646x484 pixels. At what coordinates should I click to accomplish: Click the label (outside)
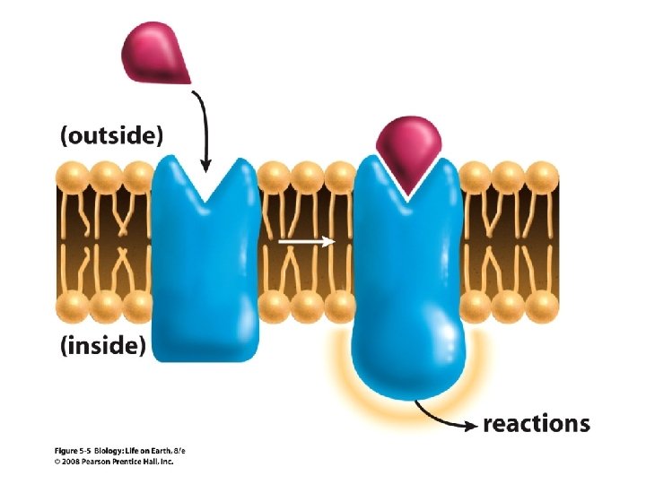point(112,137)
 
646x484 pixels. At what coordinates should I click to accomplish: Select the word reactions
point(537,424)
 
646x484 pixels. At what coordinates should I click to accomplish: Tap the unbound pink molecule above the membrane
point(156,49)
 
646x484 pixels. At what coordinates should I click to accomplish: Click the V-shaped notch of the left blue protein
point(207,184)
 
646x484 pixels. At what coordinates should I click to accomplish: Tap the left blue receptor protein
point(206,269)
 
